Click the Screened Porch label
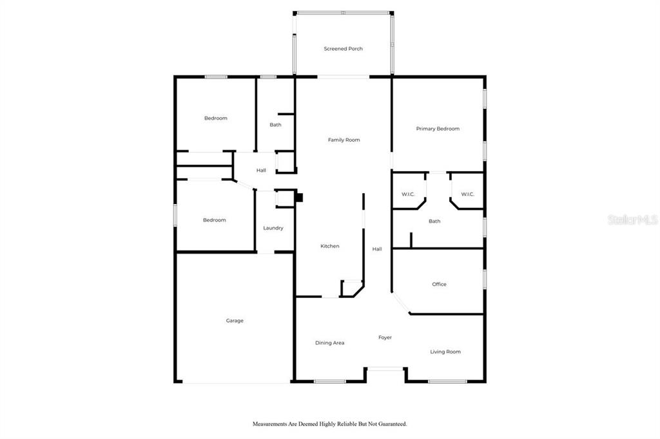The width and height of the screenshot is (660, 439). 343,49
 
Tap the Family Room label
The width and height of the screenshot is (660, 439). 344,140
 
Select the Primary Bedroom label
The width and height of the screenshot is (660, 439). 438,129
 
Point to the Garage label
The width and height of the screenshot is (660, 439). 235,321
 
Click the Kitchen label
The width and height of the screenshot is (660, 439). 329,246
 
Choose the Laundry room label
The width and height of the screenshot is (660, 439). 273,228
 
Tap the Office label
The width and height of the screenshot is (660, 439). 439,285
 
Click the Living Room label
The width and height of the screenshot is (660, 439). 445,352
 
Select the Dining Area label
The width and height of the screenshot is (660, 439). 329,343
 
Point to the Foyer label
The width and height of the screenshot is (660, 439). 385,338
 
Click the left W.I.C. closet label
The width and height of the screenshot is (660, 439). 408,194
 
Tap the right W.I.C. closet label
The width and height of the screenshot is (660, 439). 468,194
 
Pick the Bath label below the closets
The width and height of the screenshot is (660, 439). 434,221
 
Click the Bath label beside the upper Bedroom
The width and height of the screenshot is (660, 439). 275,125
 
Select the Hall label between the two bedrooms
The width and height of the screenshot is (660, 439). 261,171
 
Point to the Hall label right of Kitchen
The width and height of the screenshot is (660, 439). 376,249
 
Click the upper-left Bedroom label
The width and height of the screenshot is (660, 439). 215,118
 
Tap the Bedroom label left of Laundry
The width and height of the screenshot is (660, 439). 214,220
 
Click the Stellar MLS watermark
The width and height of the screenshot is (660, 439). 633,219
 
